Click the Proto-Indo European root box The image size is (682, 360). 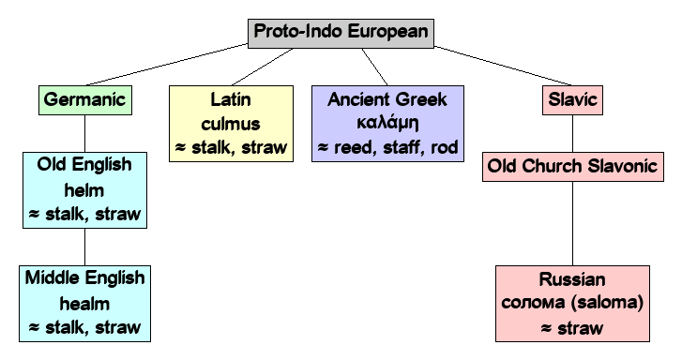pos(341,32)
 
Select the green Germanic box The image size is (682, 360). pos(83,98)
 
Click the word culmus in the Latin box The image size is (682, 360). pos(229,123)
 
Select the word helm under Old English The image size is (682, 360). pos(83,189)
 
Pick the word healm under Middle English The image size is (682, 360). pos(83,304)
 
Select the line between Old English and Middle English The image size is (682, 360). pos(83,247)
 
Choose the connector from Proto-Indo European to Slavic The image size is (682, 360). pos(497,63)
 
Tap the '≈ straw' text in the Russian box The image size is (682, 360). pos(572,328)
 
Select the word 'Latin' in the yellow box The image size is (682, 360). pos(229,98)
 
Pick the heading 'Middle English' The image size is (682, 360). pos(83,279)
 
